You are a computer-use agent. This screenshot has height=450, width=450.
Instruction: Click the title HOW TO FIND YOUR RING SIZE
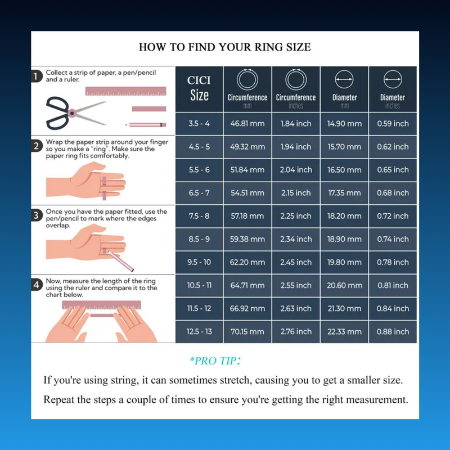pyautogui.click(x=224, y=47)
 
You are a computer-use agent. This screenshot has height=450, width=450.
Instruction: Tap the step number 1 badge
pyautogui.click(x=37, y=76)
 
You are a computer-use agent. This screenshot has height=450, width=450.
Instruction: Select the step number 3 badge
pyautogui.click(x=37, y=215)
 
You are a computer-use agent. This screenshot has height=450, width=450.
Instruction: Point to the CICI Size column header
pyautogui.click(x=199, y=88)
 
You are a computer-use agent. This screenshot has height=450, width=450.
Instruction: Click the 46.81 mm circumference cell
pyautogui.click(x=247, y=124)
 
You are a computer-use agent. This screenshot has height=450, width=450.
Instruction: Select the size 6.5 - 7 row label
pyautogui.click(x=199, y=193)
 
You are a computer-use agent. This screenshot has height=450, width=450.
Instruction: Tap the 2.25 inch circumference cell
pyautogui.click(x=296, y=216)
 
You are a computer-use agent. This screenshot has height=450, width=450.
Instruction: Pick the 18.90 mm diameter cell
pyautogui.click(x=344, y=239)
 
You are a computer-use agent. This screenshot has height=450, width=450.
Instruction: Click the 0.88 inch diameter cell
pyautogui.click(x=393, y=331)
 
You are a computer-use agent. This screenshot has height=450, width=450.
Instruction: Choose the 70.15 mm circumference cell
pyautogui.click(x=247, y=331)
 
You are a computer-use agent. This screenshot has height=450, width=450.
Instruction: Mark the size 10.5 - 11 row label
pyautogui.click(x=199, y=285)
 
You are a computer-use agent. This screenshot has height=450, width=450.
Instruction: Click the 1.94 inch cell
pyautogui.click(x=296, y=147)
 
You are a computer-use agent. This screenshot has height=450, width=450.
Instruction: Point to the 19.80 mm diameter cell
pyautogui.click(x=344, y=262)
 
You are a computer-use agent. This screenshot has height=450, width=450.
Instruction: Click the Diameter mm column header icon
pyautogui.click(x=344, y=80)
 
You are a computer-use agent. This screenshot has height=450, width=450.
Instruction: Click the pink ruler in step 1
pyautogui.click(x=126, y=91)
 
